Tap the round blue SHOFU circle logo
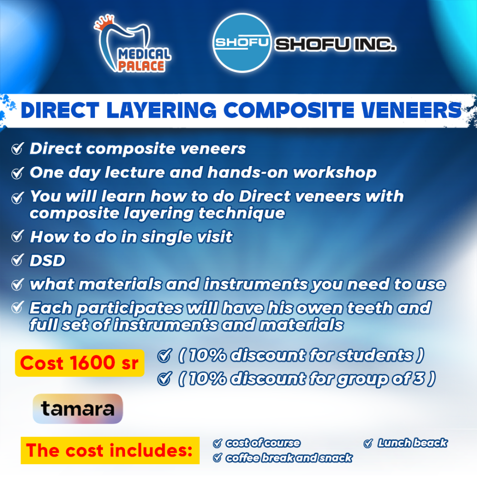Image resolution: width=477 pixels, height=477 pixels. (242, 43)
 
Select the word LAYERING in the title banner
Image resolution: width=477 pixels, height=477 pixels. (162, 110)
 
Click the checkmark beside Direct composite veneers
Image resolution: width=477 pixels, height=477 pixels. (17, 148)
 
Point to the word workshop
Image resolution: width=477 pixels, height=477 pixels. (335, 173)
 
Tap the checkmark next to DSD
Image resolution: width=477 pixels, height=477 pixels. (17, 260)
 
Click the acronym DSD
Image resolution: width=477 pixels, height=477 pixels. (47, 261)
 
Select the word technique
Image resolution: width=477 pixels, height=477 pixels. (242, 214)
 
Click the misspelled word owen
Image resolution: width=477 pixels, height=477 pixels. (320, 309)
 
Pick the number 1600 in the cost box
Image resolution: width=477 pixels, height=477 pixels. (92, 363)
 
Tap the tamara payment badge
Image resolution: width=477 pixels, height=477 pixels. (78, 409)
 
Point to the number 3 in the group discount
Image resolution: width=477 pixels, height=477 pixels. (419, 379)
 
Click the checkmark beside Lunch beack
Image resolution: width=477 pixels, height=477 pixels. (368, 443)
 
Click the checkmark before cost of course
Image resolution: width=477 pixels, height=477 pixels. (217, 443)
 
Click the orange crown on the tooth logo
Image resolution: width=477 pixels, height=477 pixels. (104, 23)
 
